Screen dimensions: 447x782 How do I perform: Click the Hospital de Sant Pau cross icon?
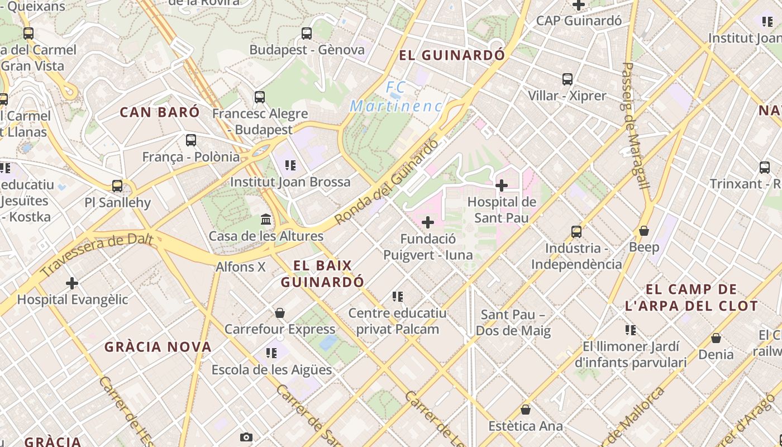click(502, 186)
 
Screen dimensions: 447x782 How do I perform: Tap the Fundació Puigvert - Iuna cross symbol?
click(428, 222)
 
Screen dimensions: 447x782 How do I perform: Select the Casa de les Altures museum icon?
click(266, 219)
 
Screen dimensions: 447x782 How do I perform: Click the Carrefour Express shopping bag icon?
click(280, 312)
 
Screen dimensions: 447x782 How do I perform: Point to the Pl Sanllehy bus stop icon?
click(117, 186)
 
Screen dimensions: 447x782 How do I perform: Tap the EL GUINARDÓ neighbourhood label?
click(452, 55)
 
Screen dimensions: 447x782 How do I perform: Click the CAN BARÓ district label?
click(160, 112)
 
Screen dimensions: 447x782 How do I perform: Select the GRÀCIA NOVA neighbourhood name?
click(158, 347)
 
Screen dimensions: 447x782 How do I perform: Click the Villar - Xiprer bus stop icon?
click(568, 79)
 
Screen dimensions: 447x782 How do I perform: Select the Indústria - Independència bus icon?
click(576, 231)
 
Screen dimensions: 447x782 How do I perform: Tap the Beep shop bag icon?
click(644, 230)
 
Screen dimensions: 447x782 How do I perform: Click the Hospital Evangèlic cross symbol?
click(72, 283)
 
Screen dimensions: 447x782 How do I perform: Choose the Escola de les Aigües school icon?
click(271, 353)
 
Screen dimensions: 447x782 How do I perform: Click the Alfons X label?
click(241, 267)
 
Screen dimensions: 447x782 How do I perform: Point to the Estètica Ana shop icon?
click(525, 410)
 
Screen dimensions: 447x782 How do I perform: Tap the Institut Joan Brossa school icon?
click(290, 165)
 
